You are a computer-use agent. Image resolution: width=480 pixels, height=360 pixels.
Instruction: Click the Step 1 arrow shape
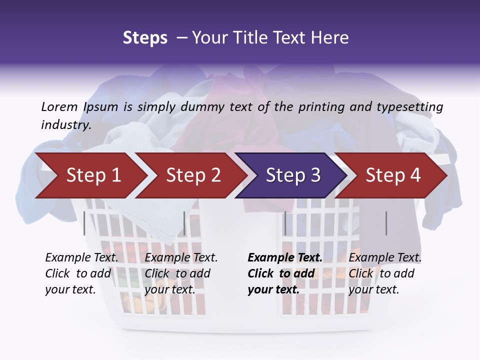pyautogui.click(x=90, y=175)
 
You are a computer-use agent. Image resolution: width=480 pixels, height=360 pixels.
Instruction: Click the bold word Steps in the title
pyautogui.click(x=145, y=38)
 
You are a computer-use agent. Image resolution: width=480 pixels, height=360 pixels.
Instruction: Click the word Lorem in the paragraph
pyautogui.click(x=59, y=106)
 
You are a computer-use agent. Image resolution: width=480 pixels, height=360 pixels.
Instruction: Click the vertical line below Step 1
pyautogui.click(x=84, y=223)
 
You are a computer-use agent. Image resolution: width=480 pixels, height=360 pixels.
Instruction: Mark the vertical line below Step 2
pyautogui.click(x=184, y=223)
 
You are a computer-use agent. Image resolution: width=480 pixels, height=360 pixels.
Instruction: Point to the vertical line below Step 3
pyautogui.click(x=285, y=223)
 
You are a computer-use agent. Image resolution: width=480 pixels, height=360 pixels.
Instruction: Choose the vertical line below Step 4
pyautogui.click(x=386, y=223)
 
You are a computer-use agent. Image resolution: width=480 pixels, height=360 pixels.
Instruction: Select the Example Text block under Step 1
pyautogui.click(x=81, y=273)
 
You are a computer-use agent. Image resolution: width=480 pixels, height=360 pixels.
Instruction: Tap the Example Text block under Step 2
pyautogui.click(x=181, y=273)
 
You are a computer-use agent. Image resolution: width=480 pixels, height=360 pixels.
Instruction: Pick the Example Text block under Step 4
pyautogui.click(x=385, y=273)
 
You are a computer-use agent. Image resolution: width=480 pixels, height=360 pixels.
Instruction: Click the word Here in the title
pyautogui.click(x=329, y=38)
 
